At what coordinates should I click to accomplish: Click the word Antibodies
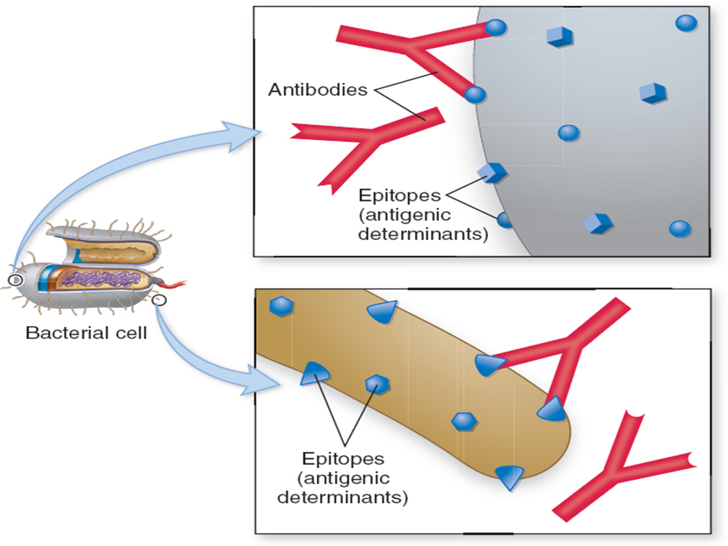pos(317,90)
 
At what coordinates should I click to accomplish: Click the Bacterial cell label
pos(86,333)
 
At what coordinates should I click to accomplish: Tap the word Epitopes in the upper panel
pos(399,195)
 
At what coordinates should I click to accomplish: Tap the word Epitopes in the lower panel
pos(343,459)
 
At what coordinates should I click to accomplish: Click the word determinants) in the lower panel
pos(343,497)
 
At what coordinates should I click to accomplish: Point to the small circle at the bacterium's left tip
pos(16,280)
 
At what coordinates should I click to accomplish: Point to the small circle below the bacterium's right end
pos(159,300)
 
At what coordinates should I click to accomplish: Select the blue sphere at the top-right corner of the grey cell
pos(686,23)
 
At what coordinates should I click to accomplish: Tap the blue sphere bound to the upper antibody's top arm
pos(496,27)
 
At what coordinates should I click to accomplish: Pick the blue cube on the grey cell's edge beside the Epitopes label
pos(492,172)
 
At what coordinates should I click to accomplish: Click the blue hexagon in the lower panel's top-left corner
pos(281,307)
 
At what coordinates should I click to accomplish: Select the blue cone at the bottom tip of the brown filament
pos(510,476)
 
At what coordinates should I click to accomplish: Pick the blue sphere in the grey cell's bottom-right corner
pos(679,229)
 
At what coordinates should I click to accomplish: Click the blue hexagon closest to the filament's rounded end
pos(464,421)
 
